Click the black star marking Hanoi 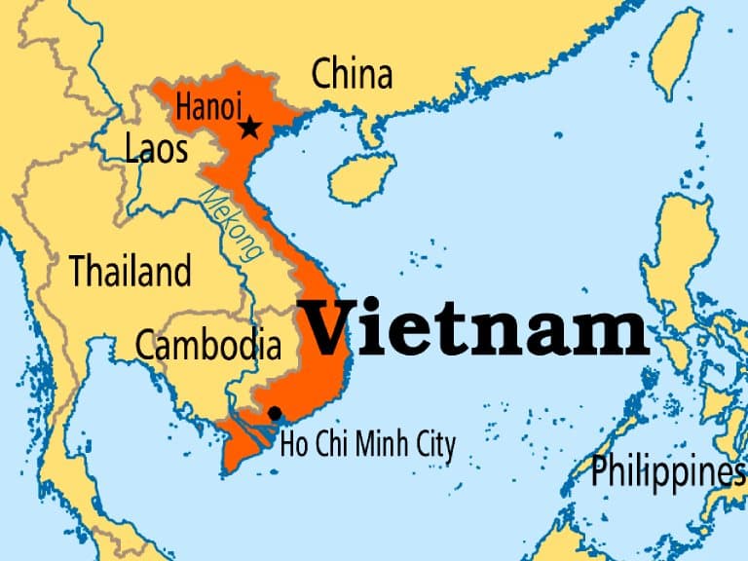250,127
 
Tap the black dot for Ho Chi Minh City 275,413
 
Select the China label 352,74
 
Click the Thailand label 130,271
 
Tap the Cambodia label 207,344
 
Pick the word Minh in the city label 372,445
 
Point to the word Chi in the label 330,445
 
